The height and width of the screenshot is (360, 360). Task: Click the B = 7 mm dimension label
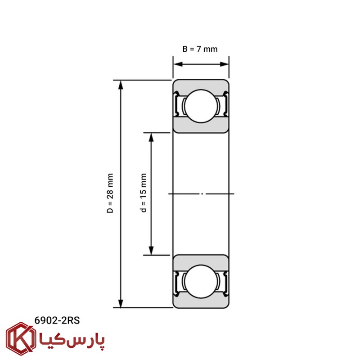click(x=200, y=49)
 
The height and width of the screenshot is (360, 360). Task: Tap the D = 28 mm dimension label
click(x=110, y=193)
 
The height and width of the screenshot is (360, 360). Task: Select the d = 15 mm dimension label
click(x=143, y=193)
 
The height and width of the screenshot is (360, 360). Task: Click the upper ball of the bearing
click(x=201, y=106)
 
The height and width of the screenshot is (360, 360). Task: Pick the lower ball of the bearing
click(x=201, y=282)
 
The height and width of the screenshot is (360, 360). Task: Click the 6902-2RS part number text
click(x=57, y=320)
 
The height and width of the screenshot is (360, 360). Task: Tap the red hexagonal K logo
click(x=21, y=339)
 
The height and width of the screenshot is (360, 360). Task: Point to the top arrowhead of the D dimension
click(x=121, y=85)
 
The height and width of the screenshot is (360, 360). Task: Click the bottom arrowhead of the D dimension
click(x=121, y=303)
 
